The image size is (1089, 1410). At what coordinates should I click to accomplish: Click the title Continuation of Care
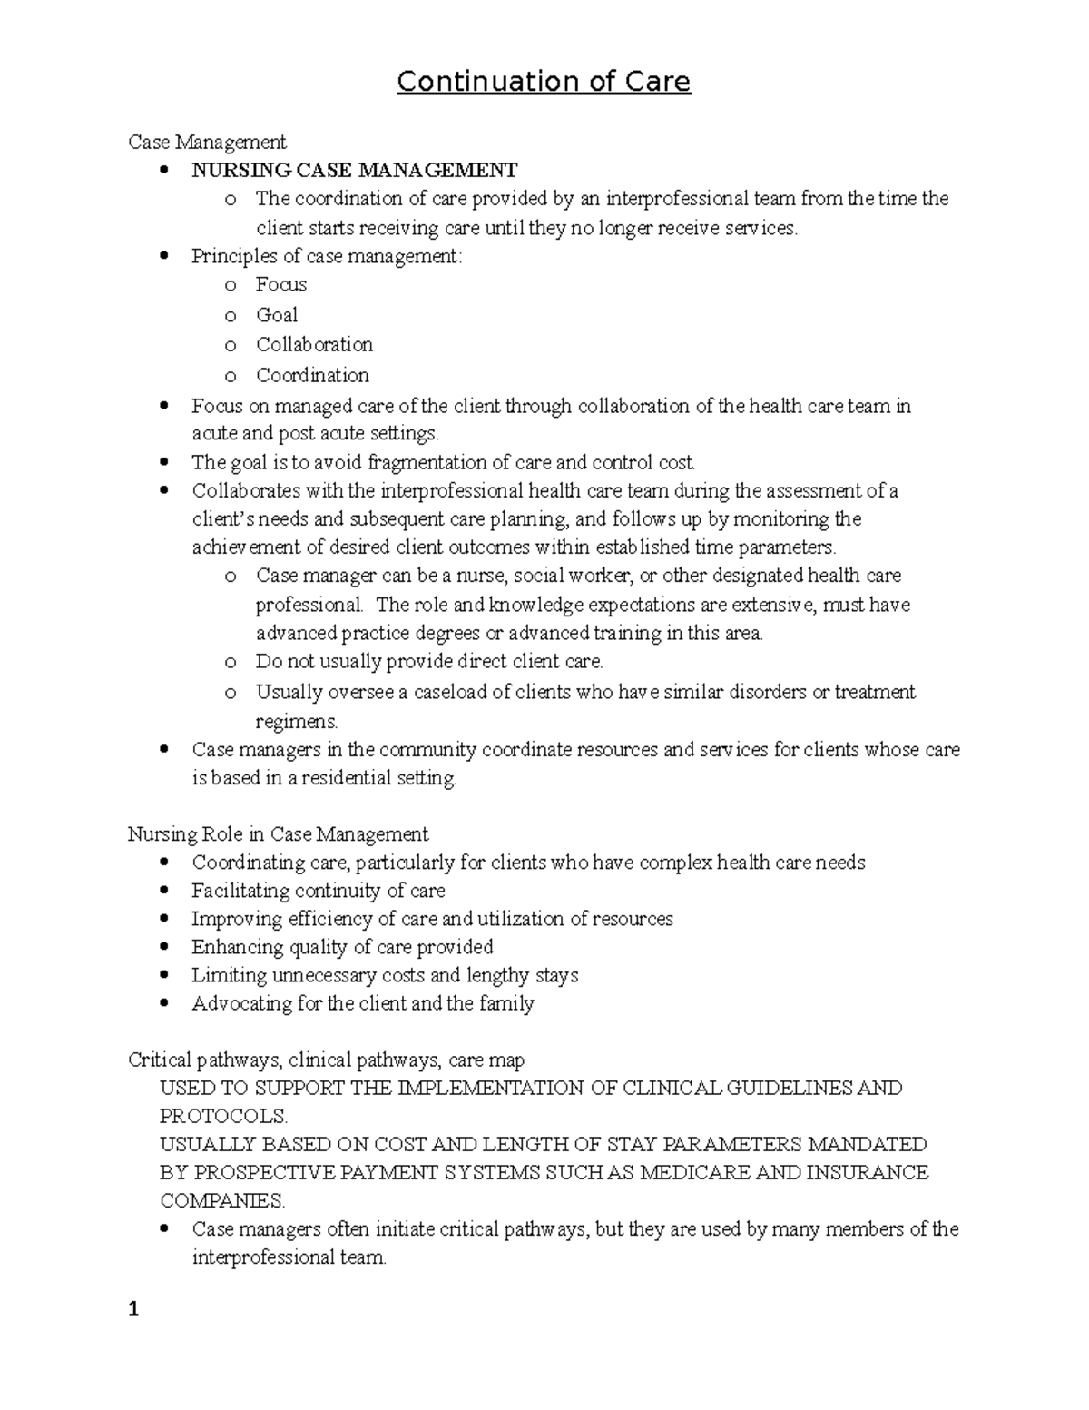(544, 82)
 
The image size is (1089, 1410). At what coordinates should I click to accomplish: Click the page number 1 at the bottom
(133, 1309)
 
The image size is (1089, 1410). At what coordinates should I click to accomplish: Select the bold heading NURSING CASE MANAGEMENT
(354, 170)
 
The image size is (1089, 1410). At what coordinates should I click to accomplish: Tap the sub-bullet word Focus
(281, 285)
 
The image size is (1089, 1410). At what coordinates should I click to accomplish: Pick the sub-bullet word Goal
(277, 315)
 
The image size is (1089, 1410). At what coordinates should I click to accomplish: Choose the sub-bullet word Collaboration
(314, 345)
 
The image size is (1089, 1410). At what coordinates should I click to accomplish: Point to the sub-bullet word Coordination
(312, 375)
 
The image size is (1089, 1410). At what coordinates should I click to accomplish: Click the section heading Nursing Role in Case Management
(278, 833)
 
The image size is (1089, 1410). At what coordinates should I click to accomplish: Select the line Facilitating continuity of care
(318, 891)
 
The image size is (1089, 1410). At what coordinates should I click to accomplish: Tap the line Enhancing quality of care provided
(342, 947)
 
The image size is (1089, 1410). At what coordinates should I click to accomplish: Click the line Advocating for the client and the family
(362, 1003)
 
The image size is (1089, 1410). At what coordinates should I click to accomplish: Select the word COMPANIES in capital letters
(222, 1200)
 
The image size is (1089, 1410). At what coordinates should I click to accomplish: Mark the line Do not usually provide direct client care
(429, 662)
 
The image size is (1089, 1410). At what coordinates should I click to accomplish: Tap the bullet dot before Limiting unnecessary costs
(163, 975)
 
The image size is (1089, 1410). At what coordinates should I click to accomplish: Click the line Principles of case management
(327, 256)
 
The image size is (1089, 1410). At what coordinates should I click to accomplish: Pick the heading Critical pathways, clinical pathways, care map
(326, 1060)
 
